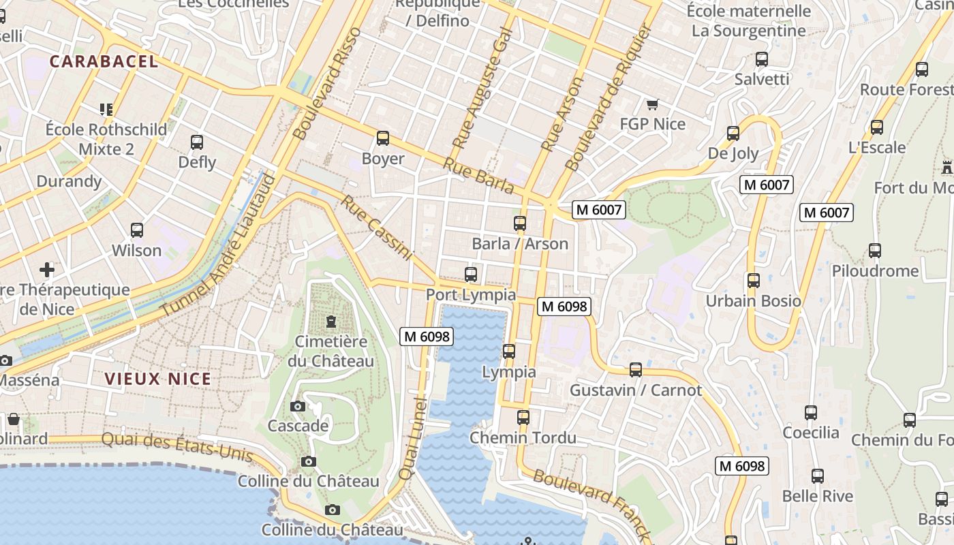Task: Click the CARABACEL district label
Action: coord(104,61)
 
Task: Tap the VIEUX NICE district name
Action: coord(157,379)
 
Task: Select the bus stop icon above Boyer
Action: coord(383,138)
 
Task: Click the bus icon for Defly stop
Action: coord(197,142)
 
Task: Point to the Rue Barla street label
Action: coord(478,175)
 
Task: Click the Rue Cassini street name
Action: coord(378,228)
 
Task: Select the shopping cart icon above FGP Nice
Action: coord(652,104)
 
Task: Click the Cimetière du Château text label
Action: coord(330,352)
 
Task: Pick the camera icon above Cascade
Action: coord(298,407)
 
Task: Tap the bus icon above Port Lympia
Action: coord(471,275)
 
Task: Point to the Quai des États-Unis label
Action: coord(177,447)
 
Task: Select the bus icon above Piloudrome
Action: coord(875,251)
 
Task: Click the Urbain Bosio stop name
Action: coord(753,301)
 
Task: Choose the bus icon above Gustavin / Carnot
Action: coord(636,370)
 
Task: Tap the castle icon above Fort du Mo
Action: coord(947,167)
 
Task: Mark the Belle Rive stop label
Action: coord(817,496)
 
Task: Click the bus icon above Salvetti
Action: coord(762,59)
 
